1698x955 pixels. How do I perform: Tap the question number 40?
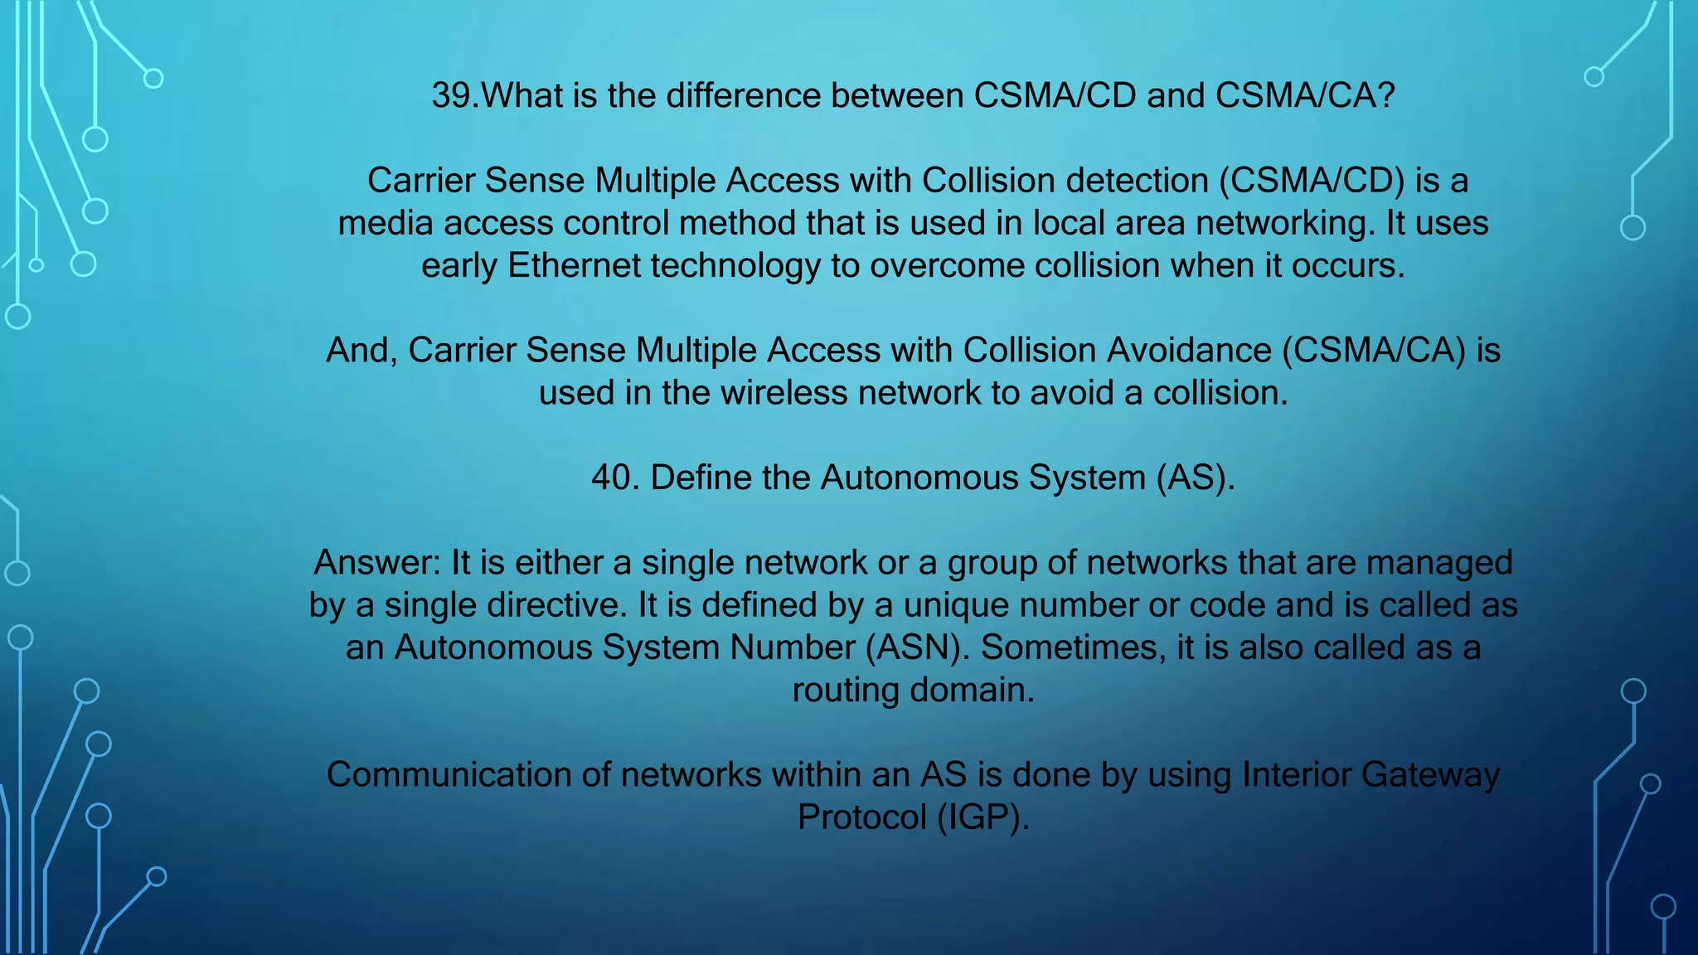pos(614,478)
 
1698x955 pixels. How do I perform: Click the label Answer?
pos(377,563)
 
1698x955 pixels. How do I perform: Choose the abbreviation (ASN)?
pos(917,647)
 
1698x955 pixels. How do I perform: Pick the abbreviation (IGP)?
pos(983,817)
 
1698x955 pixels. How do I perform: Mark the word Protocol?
pos(861,817)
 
